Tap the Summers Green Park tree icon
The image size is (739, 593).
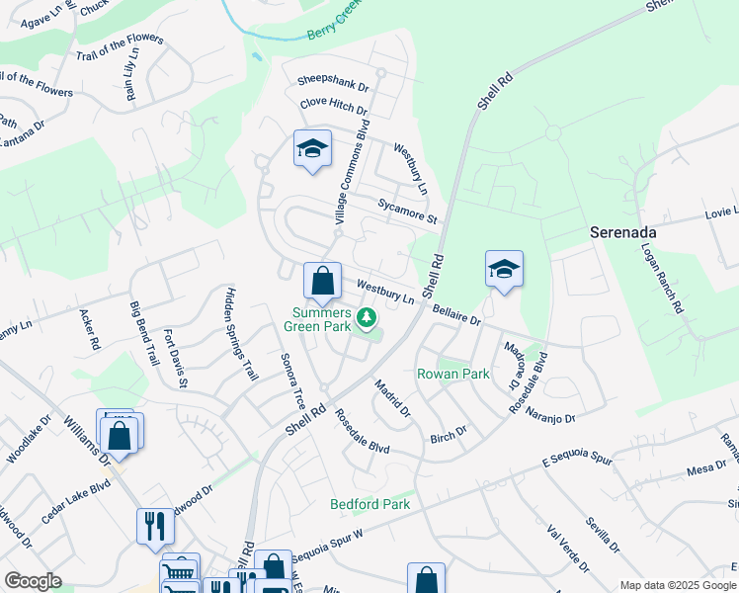(x=367, y=317)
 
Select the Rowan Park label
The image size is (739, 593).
(x=452, y=375)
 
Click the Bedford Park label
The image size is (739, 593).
(x=369, y=504)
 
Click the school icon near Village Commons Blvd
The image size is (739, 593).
(x=312, y=149)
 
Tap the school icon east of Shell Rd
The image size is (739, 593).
(x=504, y=268)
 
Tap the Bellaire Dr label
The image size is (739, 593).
(x=456, y=315)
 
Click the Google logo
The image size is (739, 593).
(x=33, y=581)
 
